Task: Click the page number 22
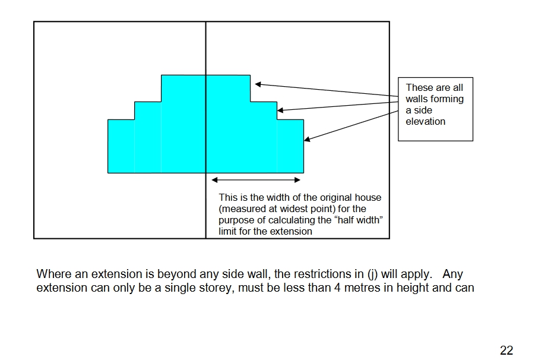[x=506, y=350]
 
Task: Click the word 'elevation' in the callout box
[x=425, y=121]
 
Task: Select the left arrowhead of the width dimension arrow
[x=214, y=180]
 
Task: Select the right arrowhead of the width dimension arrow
[x=297, y=180]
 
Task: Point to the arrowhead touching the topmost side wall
[x=258, y=84]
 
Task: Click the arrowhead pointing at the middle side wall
[x=280, y=110]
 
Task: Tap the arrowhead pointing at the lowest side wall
[x=307, y=140]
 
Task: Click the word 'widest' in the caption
[x=293, y=209]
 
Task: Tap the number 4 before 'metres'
[x=337, y=288]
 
